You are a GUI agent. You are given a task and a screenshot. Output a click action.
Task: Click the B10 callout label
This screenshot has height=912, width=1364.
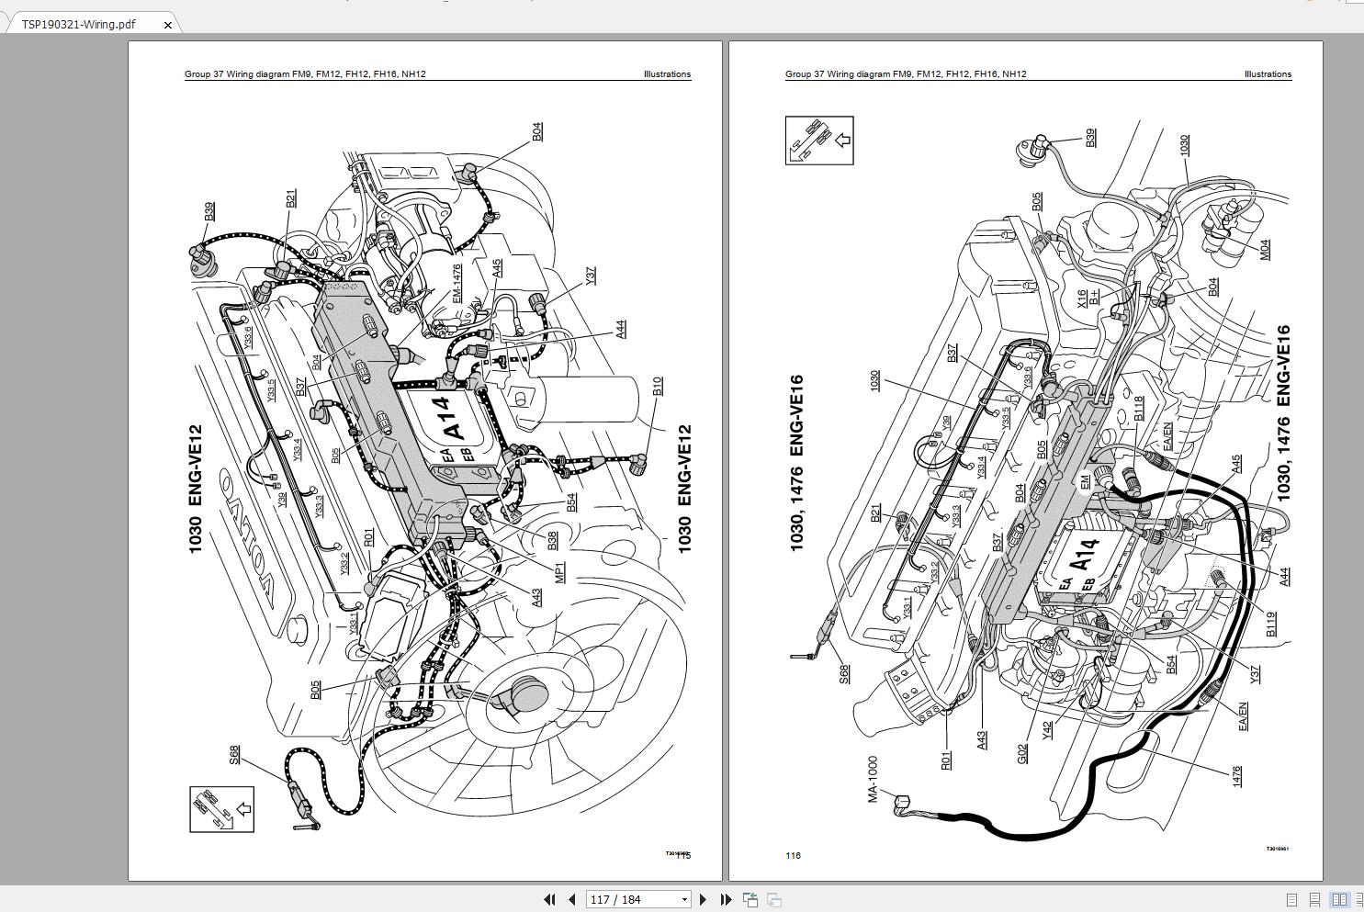[657, 387]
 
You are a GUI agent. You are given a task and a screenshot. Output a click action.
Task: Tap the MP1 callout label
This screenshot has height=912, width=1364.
[559, 571]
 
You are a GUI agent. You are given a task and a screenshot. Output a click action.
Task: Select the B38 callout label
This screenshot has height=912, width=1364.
[552, 541]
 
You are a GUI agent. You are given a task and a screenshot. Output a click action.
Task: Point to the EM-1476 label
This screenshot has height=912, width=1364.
[457, 283]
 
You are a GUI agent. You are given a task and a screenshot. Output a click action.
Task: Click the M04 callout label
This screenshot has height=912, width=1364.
[1265, 249]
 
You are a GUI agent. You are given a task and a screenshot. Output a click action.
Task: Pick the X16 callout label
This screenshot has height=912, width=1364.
[1082, 298]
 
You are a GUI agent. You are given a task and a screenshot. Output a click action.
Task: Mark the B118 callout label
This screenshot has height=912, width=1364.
[1138, 408]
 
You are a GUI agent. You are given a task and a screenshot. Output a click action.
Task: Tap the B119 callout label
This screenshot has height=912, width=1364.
[1271, 625]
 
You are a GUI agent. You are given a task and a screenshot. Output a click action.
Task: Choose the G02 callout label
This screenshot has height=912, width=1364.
[1022, 753]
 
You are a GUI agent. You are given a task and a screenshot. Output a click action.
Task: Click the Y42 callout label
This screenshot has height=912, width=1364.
[1047, 730]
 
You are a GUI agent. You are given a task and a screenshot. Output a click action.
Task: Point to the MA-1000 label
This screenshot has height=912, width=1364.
[873, 779]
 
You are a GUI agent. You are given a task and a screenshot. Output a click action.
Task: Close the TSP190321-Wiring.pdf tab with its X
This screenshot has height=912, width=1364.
[167, 25]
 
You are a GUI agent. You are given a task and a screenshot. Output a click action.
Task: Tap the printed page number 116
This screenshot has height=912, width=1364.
[793, 855]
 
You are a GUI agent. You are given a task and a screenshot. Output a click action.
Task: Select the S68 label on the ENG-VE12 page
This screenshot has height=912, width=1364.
[234, 754]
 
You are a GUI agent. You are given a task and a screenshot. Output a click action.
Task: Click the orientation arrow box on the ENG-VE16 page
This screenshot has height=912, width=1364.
[818, 141]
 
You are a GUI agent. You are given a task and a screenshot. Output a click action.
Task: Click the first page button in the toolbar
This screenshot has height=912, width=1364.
[549, 899]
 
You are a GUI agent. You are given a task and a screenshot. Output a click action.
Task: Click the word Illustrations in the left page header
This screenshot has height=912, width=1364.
[667, 74]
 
